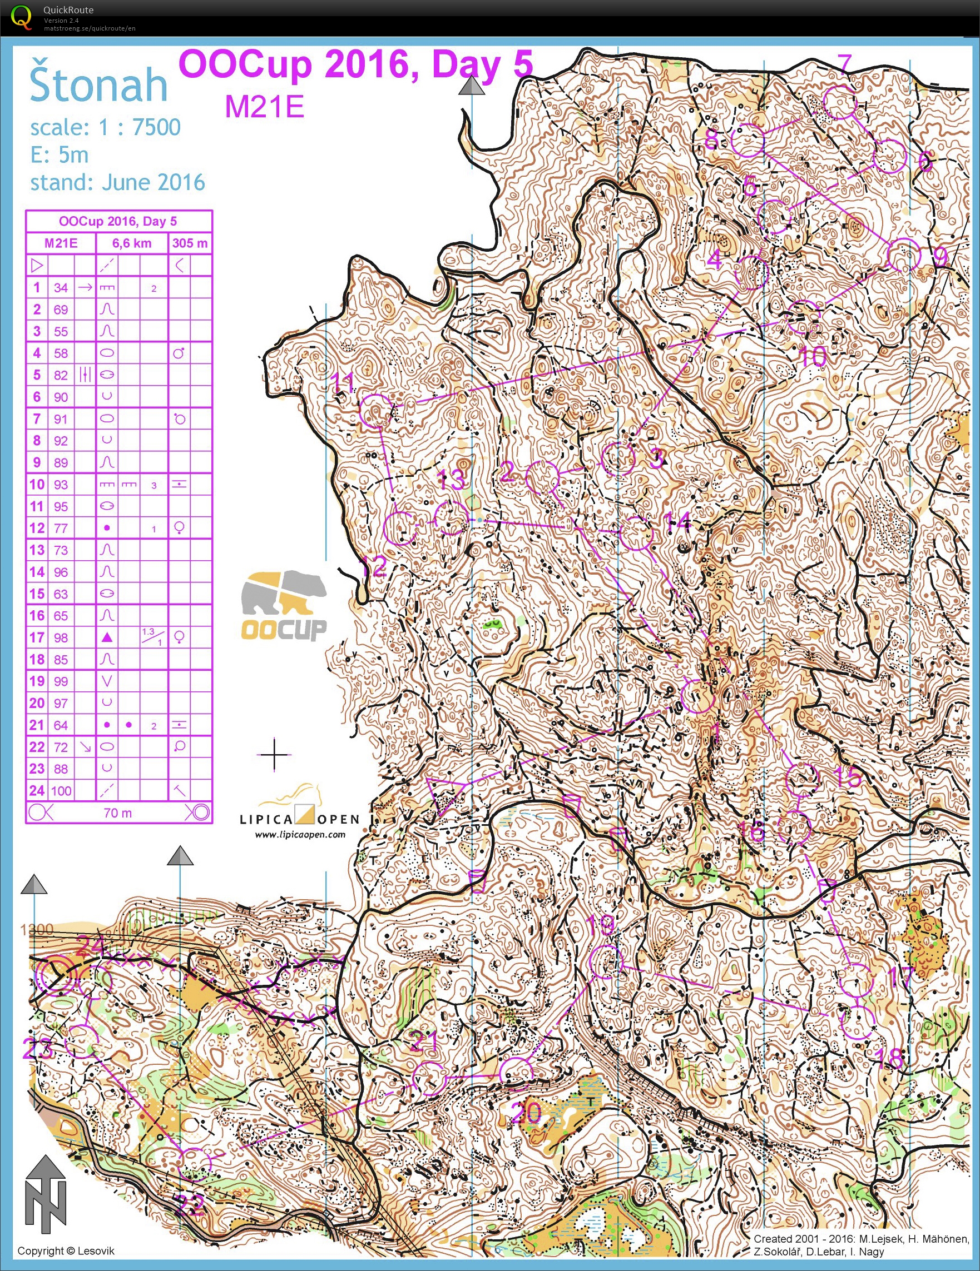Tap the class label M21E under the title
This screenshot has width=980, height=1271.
click(x=264, y=107)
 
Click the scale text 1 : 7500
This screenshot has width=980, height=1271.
click(x=140, y=127)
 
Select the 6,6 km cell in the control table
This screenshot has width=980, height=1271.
click(x=132, y=243)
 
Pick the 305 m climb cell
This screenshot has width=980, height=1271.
click(x=190, y=243)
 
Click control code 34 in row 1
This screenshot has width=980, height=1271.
click(x=61, y=287)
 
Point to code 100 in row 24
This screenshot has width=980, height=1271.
click(x=61, y=791)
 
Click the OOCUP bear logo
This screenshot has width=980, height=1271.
click(x=284, y=605)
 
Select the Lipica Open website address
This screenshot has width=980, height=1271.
click(x=300, y=835)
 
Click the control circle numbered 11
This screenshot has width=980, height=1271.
click(x=376, y=410)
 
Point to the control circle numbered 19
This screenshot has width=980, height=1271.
click(x=606, y=961)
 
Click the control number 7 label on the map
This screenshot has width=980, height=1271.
click(x=844, y=63)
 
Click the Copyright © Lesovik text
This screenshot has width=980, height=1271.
click(x=66, y=1251)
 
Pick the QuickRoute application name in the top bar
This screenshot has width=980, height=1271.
click(x=68, y=10)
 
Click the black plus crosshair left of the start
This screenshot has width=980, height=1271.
click(x=274, y=755)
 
